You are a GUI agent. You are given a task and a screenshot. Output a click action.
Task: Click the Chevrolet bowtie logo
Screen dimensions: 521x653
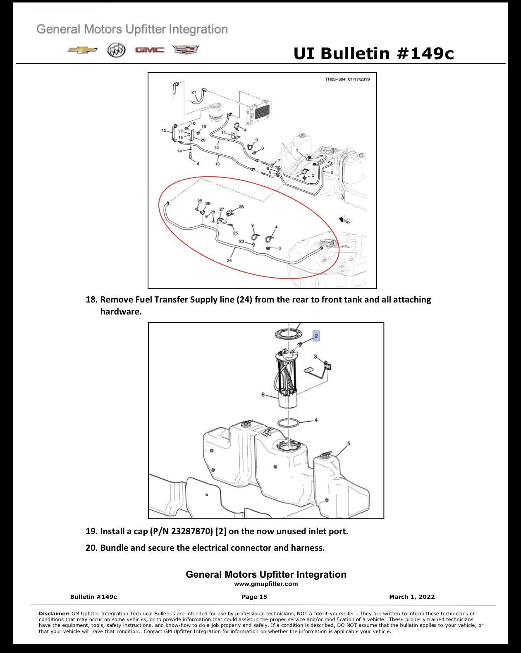[x=83, y=50]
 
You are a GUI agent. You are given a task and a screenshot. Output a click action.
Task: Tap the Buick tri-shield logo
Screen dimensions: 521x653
[x=116, y=50]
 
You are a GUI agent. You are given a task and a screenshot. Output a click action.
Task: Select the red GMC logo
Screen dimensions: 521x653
[x=150, y=50]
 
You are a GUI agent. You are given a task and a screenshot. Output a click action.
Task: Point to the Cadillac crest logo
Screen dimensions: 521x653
[x=186, y=50]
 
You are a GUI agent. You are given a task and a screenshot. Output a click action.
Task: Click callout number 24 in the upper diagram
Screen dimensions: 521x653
[x=229, y=260]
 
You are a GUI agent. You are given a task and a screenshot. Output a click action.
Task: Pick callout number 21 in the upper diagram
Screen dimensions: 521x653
[x=194, y=92]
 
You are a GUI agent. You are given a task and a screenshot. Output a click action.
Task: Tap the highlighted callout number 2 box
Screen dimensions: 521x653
[x=316, y=336]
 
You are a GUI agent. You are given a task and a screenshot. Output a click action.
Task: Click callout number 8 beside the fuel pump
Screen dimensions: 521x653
[x=263, y=395]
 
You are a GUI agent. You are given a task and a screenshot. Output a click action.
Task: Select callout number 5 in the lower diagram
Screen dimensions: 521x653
[x=349, y=443]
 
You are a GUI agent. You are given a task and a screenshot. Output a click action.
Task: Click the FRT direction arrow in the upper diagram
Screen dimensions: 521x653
[x=345, y=220]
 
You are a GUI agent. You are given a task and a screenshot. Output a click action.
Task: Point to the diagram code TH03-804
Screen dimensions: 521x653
[x=335, y=79]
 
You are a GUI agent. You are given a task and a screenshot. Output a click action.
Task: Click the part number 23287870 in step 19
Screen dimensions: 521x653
[x=192, y=531]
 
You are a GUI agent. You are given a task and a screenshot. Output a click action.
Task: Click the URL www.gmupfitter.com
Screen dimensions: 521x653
[x=266, y=584]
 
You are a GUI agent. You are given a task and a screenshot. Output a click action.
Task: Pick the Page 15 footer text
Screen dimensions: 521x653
[x=254, y=597]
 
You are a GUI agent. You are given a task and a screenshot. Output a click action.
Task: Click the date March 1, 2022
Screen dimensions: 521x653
[x=412, y=597]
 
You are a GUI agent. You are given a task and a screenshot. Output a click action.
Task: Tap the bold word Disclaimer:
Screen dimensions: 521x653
[x=54, y=614]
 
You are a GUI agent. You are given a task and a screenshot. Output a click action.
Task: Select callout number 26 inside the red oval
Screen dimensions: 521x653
[x=241, y=207]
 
